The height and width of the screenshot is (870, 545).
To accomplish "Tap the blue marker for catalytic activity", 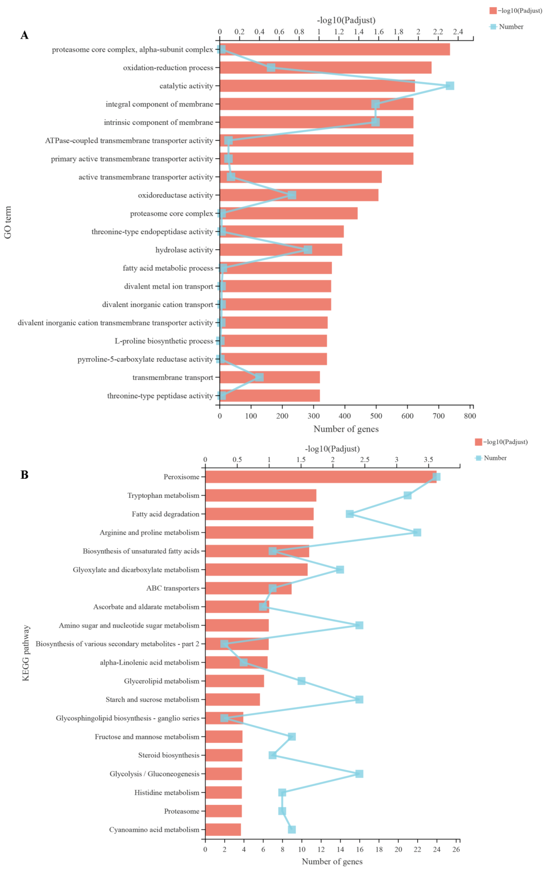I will pos(449,86).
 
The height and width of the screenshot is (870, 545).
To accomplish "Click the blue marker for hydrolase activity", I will pos(307,250).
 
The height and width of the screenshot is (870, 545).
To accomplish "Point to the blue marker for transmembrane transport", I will pos(259,377).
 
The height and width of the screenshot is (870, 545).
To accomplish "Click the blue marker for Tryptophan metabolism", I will pos(407,495).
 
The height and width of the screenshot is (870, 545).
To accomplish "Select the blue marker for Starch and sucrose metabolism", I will pos(359,700).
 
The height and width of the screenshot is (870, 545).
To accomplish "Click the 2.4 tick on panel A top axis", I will pos(458,32).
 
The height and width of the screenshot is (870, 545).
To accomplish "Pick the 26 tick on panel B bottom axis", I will pos(456,850).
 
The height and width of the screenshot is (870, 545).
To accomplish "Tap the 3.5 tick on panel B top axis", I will pos(428,460).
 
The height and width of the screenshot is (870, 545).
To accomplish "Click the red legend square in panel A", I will pos(493,10).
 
